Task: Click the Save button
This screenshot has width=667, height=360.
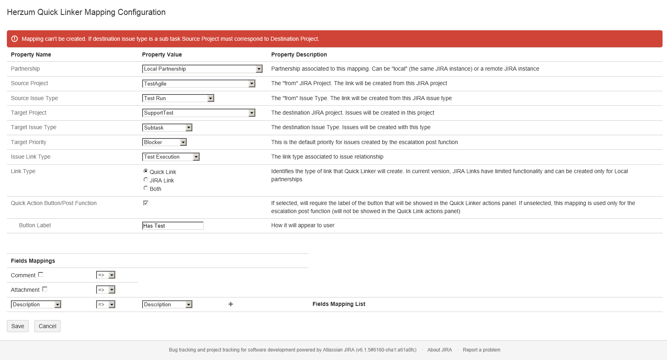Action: pyautogui.click(x=18, y=326)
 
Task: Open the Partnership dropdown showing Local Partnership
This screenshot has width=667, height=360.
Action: pyautogui.click(x=202, y=69)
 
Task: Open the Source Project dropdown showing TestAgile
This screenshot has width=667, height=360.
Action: pyautogui.click(x=199, y=84)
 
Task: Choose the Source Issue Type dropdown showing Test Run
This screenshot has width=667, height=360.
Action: pyautogui.click(x=178, y=98)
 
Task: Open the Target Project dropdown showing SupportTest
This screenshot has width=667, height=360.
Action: pyautogui.click(x=199, y=113)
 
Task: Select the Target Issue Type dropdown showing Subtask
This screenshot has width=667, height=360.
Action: pyautogui.click(x=167, y=128)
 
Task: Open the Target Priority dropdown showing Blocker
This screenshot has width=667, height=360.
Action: pyautogui.click(x=164, y=142)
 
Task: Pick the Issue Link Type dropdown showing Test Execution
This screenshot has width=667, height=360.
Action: pyautogui.click(x=171, y=157)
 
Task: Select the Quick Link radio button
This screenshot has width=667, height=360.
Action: pyautogui.click(x=146, y=171)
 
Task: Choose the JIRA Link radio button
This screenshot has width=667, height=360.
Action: pyautogui.click(x=146, y=180)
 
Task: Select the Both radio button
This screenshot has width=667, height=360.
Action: pyautogui.click(x=146, y=188)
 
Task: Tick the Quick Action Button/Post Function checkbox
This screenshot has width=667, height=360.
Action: pyautogui.click(x=146, y=203)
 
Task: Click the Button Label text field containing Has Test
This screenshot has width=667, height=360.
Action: pyautogui.click(x=173, y=226)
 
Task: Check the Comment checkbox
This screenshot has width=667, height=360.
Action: pyautogui.click(x=40, y=274)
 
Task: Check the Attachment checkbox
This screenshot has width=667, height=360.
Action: pyautogui.click(x=45, y=289)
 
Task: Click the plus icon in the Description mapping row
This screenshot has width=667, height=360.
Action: pyautogui.click(x=231, y=304)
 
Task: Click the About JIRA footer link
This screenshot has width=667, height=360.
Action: pyautogui.click(x=440, y=350)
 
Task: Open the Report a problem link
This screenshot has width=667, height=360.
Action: pyautogui.click(x=481, y=350)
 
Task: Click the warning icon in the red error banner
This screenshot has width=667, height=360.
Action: pyautogui.click(x=15, y=39)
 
